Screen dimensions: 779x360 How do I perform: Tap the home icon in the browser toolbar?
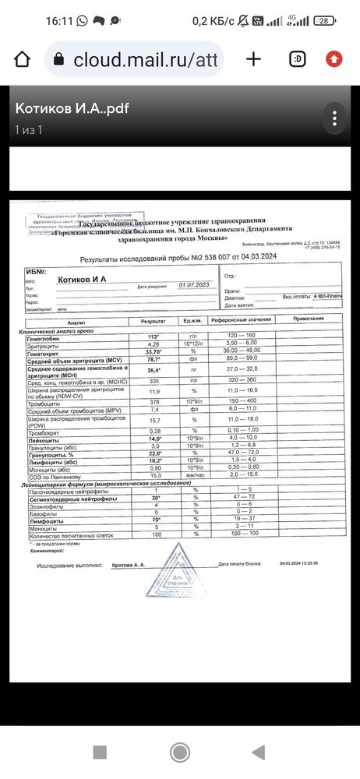(x=23, y=59)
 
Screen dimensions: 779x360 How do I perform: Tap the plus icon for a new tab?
(x=253, y=59)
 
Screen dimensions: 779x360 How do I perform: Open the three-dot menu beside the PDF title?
(x=334, y=118)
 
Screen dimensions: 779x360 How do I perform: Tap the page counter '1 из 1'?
(x=28, y=129)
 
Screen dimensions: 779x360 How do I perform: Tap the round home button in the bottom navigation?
(x=180, y=752)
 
